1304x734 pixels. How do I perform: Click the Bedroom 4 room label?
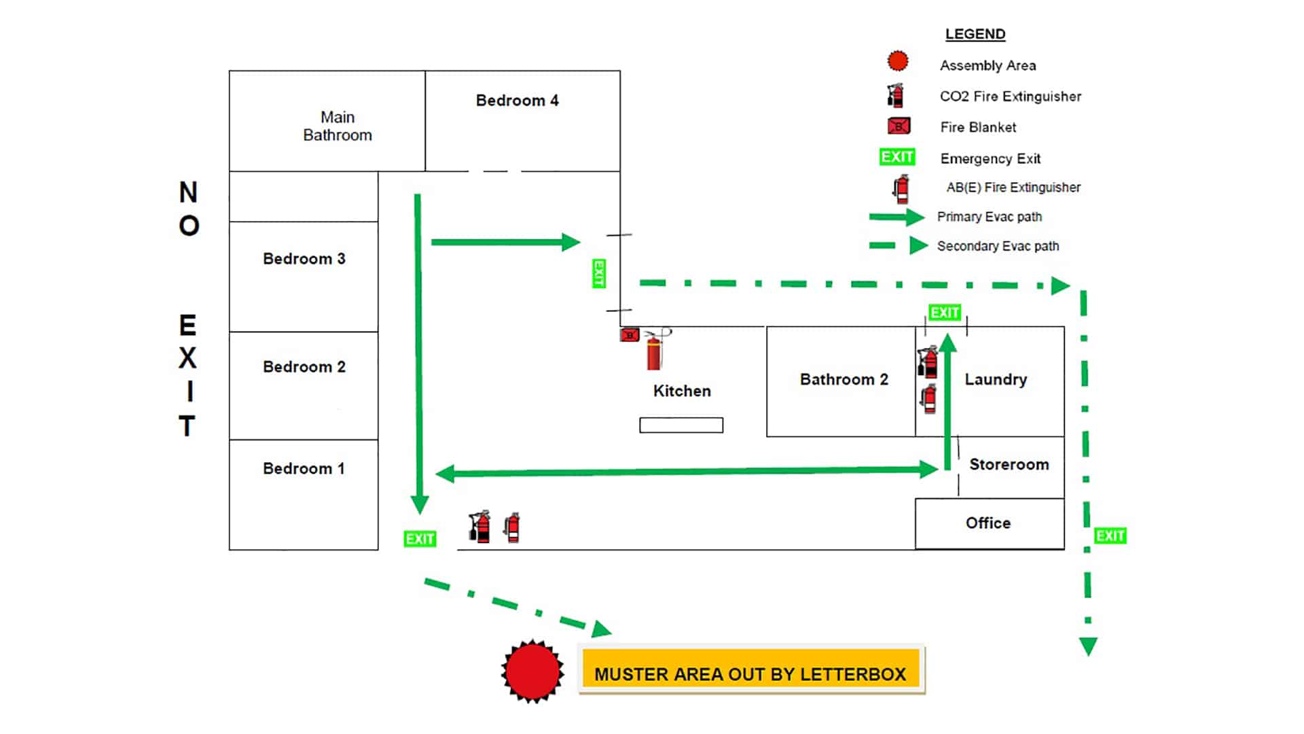pyautogui.click(x=517, y=101)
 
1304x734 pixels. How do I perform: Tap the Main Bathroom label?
pyautogui.click(x=338, y=126)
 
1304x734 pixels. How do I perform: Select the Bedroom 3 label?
pyautogui.click(x=304, y=259)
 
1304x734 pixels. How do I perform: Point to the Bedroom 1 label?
pyautogui.click(x=304, y=468)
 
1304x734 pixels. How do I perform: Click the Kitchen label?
pyautogui.click(x=682, y=391)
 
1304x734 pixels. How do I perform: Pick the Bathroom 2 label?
pyautogui.click(x=844, y=379)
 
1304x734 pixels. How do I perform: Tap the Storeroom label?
pyautogui.click(x=1009, y=464)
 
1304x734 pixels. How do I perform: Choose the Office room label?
pyautogui.click(x=988, y=523)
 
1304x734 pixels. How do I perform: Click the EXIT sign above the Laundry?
pyautogui.click(x=945, y=313)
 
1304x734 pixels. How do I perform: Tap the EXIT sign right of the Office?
pyautogui.click(x=1110, y=536)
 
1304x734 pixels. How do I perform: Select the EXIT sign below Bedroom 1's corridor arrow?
pyautogui.click(x=420, y=539)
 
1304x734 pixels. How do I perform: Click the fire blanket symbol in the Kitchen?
pyautogui.click(x=630, y=334)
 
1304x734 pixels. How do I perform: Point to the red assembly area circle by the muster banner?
pyautogui.click(x=532, y=671)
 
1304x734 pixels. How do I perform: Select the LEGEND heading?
pyautogui.click(x=975, y=34)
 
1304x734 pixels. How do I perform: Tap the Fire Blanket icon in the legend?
pyautogui.click(x=899, y=126)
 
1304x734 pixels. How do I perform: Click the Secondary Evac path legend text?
pyautogui.click(x=998, y=246)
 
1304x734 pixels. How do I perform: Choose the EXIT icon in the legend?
pyautogui.click(x=897, y=157)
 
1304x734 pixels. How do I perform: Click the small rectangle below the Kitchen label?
pyautogui.click(x=681, y=425)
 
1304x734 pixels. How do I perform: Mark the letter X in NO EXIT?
pyautogui.click(x=187, y=358)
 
